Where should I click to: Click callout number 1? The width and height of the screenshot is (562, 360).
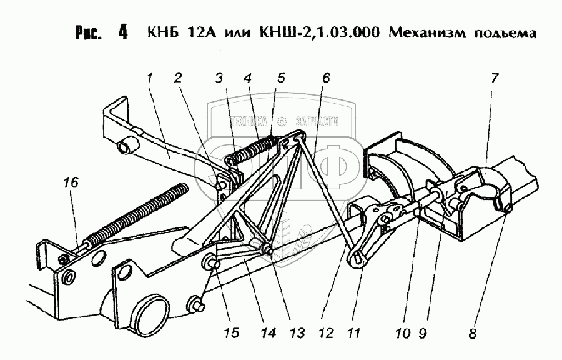point(150,79)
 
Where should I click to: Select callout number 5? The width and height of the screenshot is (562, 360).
point(280,79)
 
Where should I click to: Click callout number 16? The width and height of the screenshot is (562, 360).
point(71,182)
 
